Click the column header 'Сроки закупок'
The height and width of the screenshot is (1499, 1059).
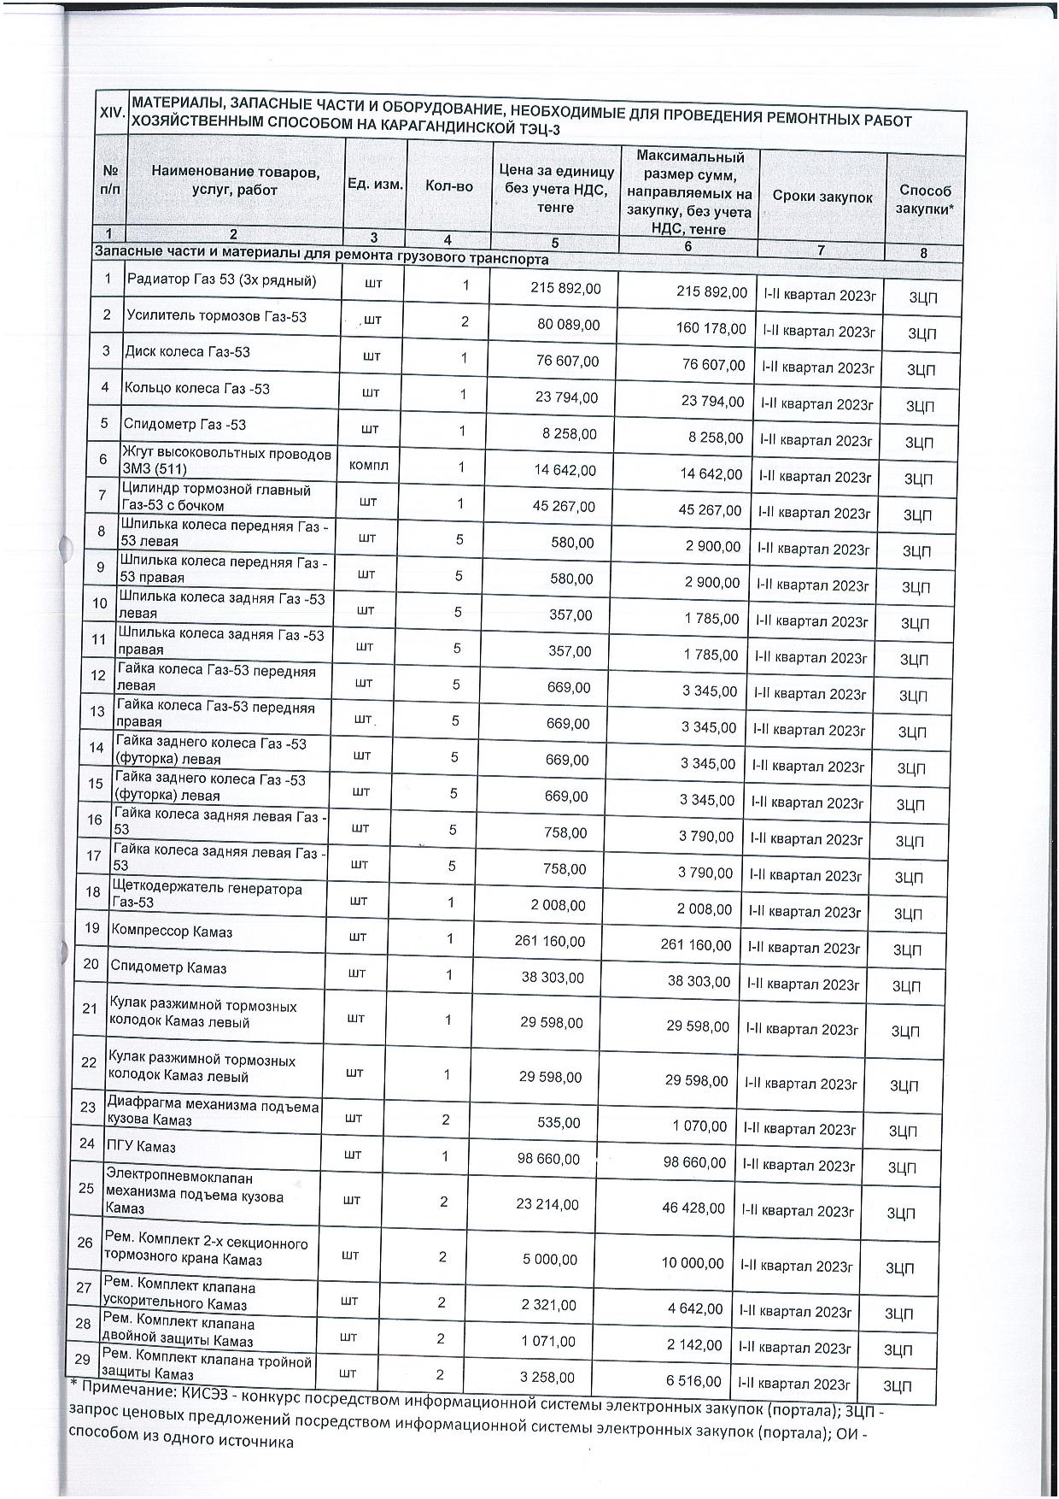point(822,197)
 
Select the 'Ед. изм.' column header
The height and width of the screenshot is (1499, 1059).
point(375,185)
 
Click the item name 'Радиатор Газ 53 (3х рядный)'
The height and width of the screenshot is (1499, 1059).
point(221,280)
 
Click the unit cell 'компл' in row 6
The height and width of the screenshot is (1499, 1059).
point(368,466)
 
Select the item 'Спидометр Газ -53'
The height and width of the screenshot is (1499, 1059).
point(184,425)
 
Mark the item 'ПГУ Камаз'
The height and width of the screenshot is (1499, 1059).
point(140,1144)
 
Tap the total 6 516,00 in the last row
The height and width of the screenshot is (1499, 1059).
point(690,1380)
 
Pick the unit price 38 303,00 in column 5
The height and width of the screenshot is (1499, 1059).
point(552,977)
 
